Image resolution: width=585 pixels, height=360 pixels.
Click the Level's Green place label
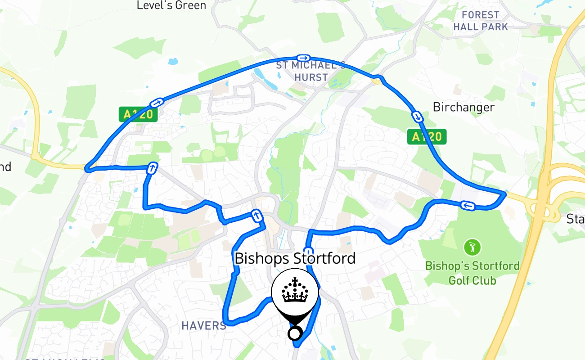[171, 5]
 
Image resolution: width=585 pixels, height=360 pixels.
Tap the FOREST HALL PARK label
[481, 21]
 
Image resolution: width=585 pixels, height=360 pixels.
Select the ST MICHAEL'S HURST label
[311, 71]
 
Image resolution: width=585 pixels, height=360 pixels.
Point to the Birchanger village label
[463, 107]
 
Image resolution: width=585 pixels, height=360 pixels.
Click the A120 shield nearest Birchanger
[427, 136]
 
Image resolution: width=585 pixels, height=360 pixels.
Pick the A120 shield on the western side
[139, 114]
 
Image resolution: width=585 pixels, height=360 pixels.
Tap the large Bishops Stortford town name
[295, 258]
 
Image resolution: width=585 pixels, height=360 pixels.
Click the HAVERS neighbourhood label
[204, 325]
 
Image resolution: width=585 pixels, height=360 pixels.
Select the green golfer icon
[472, 247]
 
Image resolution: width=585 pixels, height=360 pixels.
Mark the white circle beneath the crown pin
[294, 334]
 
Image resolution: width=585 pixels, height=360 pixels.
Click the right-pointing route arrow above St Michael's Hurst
[303, 58]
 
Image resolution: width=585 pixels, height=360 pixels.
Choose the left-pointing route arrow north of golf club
[468, 206]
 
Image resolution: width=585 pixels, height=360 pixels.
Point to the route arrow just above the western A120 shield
[157, 103]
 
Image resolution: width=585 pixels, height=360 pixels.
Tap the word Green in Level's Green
[191, 5]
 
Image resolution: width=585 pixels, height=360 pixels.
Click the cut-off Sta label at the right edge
[576, 219]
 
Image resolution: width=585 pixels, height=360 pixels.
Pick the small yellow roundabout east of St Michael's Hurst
[377, 80]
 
